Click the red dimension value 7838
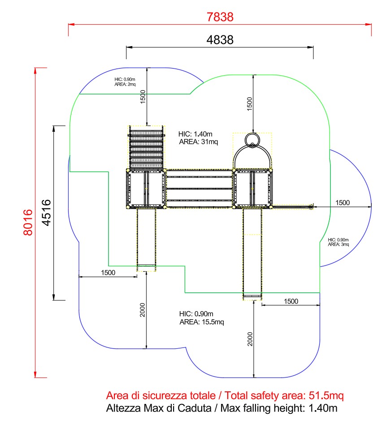pos(220,17)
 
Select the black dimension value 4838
pos(220,40)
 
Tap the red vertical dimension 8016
pos(28,222)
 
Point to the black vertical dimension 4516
pos(47,213)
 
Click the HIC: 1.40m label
pos(195,134)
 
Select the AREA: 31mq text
pos(199,142)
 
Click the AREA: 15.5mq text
pos(202,322)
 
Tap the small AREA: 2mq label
pos(125,84)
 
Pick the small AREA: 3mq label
pos(339,244)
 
